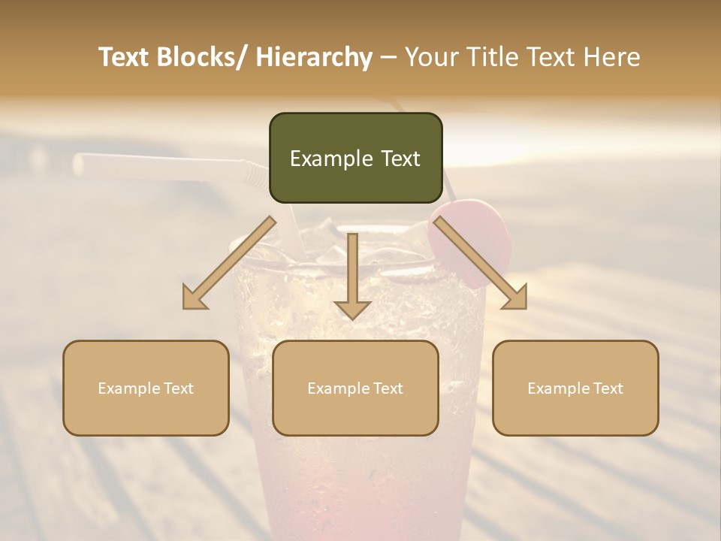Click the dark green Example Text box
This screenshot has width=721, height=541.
click(355, 158)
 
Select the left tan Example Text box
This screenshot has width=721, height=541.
click(146, 388)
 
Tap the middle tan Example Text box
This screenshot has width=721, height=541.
click(355, 388)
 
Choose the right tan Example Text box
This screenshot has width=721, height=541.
click(575, 388)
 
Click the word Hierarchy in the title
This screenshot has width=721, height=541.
click(313, 57)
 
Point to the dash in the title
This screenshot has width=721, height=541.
click(388, 57)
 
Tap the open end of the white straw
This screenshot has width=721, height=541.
click(80, 163)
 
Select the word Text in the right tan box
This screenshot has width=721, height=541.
click(607, 388)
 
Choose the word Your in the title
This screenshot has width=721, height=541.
click(432, 57)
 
